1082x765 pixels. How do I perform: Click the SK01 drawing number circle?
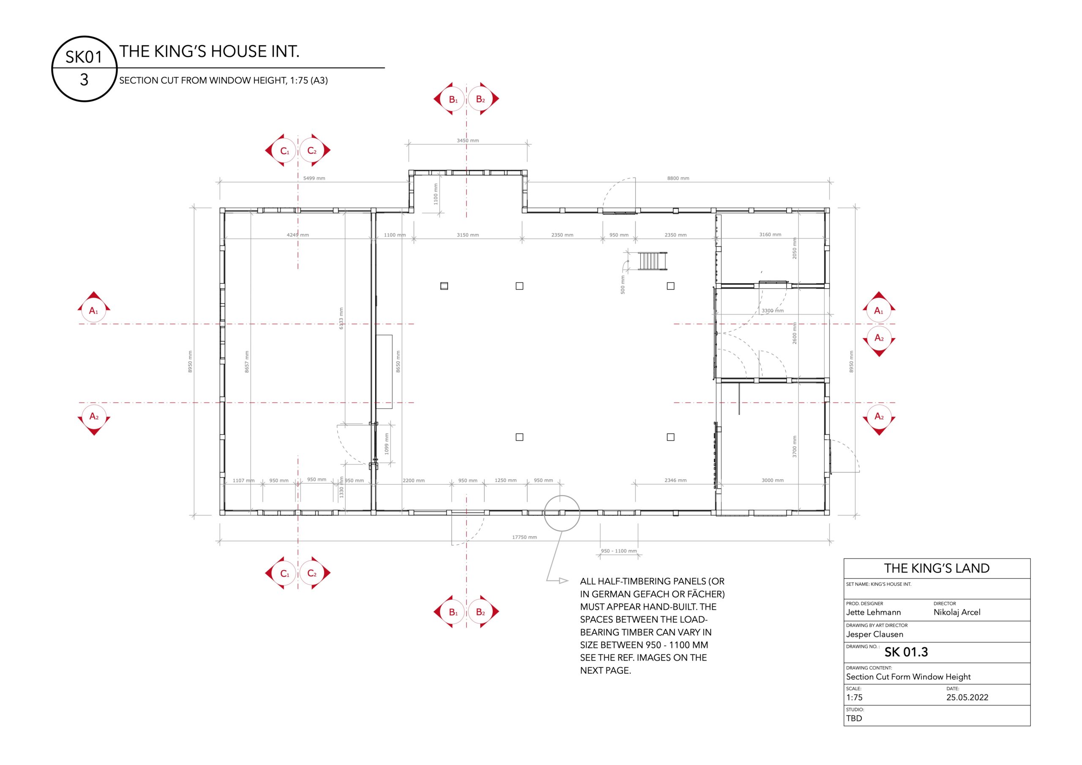click(84, 37)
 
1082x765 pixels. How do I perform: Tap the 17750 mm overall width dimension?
click(525, 537)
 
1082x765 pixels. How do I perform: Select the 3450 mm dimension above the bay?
click(467, 140)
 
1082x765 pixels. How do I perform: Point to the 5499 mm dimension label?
click(314, 178)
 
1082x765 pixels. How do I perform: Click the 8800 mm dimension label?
click(678, 178)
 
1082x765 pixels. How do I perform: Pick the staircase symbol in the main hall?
click(652, 261)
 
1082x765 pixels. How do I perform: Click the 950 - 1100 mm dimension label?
click(618, 551)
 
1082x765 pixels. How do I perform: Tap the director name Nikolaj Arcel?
click(956, 612)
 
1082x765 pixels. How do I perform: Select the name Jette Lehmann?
click(873, 612)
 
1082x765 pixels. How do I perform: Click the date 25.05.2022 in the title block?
click(967, 697)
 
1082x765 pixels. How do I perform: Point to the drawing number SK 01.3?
click(906, 652)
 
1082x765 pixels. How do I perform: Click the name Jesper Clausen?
click(874, 634)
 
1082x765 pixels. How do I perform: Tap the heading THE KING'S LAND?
click(936, 568)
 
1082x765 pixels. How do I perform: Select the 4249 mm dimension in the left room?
click(298, 235)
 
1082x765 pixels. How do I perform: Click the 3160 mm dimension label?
click(770, 234)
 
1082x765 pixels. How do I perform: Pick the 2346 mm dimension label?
click(675, 480)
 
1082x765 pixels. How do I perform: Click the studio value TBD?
click(854, 719)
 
